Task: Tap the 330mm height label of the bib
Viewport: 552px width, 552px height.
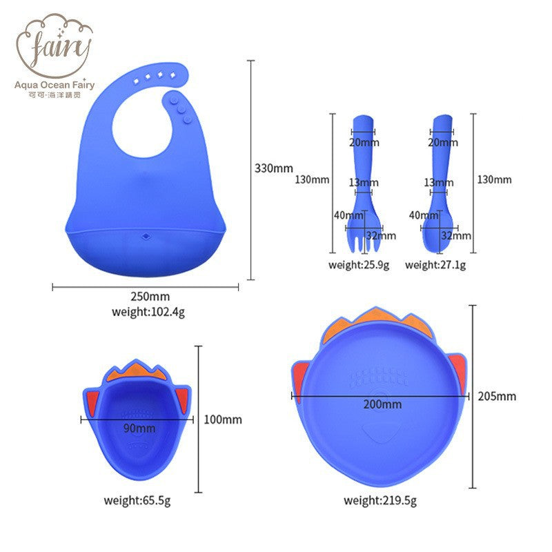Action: coord(274,168)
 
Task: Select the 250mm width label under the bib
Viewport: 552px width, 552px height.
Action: coord(146,297)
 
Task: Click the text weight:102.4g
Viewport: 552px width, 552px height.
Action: coord(148,311)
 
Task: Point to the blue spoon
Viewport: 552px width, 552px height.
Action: coord(439,186)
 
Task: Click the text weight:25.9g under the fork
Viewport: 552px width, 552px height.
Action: coord(359,265)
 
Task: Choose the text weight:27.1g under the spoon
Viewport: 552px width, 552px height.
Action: coord(435,265)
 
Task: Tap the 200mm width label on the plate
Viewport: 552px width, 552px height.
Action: coord(383,404)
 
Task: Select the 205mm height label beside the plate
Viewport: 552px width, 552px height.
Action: coord(497,396)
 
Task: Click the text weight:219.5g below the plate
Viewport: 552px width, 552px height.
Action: coord(380,500)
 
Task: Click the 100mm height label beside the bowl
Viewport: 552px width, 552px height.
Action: coord(223,420)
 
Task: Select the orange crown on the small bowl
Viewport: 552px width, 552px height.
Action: coord(139,373)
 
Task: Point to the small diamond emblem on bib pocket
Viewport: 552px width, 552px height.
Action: coord(145,238)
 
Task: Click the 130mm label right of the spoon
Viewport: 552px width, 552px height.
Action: coord(494,179)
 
